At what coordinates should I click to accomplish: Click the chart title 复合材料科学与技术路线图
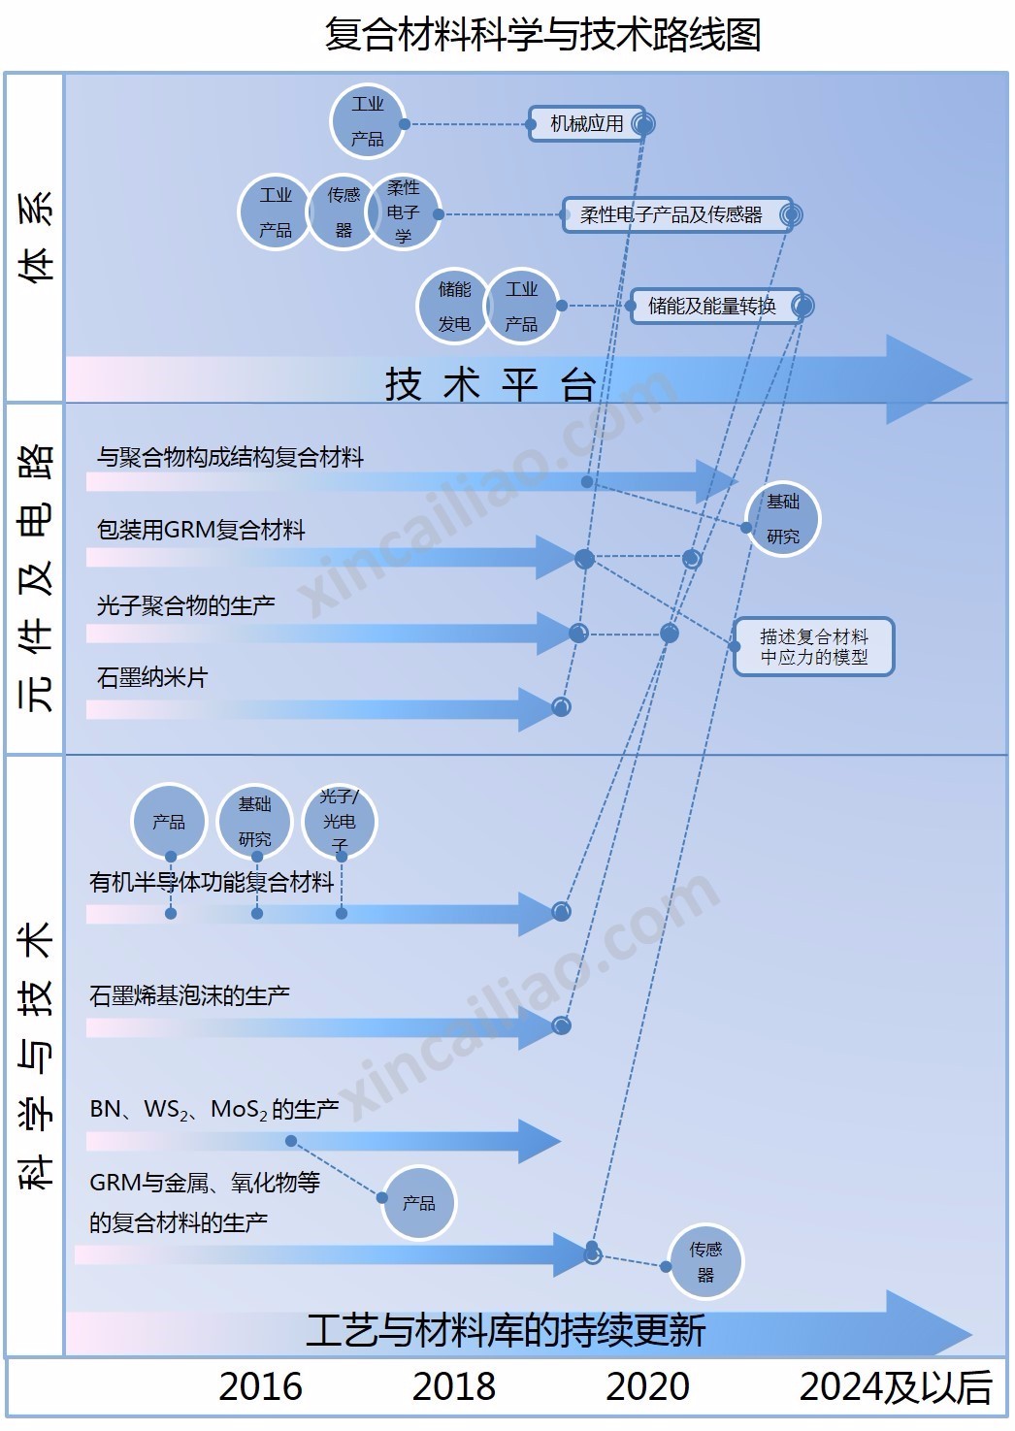(x=541, y=35)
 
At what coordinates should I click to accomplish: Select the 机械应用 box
(x=586, y=124)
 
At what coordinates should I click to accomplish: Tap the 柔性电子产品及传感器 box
(x=671, y=214)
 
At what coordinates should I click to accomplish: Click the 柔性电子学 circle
(x=403, y=211)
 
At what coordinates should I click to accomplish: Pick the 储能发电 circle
(x=453, y=307)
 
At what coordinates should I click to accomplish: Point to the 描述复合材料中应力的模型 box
(x=813, y=646)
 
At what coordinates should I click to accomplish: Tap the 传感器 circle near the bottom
(x=705, y=1262)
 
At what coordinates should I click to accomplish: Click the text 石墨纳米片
(x=152, y=677)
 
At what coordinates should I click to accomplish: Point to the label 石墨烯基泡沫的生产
(x=189, y=995)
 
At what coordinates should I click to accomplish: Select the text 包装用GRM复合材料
(x=201, y=530)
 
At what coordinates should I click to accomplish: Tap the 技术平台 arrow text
(x=490, y=384)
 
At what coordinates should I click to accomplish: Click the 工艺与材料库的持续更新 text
(x=506, y=1330)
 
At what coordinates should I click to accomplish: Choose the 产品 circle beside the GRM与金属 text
(x=418, y=1203)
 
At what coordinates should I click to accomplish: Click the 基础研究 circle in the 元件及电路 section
(x=782, y=519)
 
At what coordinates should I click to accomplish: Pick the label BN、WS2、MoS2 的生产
(x=213, y=1109)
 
